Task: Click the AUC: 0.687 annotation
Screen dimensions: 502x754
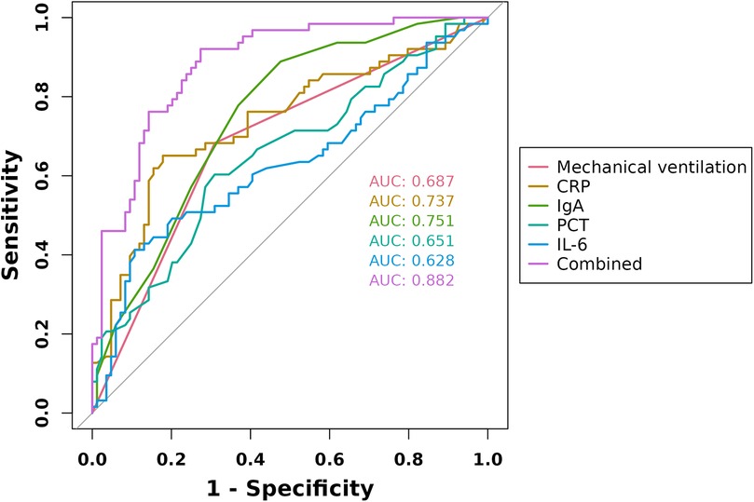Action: tap(411, 180)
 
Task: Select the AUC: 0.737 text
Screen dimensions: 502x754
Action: tap(411, 200)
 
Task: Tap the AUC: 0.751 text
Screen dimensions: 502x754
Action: tap(411, 221)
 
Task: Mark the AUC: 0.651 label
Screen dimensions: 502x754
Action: tap(411, 241)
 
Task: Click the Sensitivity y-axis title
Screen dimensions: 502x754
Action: tap(13, 215)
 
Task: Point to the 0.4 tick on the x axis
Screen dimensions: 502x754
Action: tap(250, 458)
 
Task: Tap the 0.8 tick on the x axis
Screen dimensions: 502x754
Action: tap(408, 458)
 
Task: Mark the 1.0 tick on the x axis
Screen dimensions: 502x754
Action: tap(487, 458)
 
